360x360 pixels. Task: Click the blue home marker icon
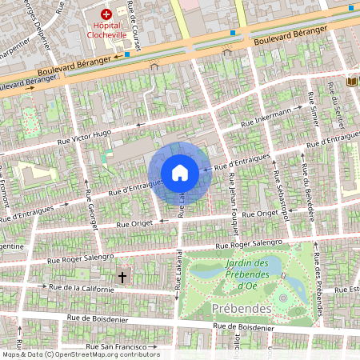[x=180, y=173]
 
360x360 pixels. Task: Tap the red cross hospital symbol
[x=105, y=14]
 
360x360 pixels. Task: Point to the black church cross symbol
[x=122, y=277]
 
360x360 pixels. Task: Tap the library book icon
[x=351, y=82]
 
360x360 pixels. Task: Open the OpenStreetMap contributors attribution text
[x=80, y=354]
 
